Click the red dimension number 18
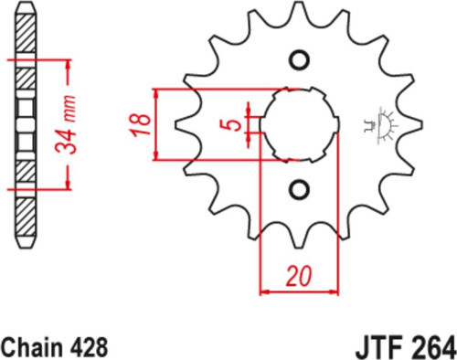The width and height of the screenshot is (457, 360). (140, 124)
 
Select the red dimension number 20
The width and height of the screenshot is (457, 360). (299, 277)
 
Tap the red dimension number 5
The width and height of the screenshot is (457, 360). (234, 125)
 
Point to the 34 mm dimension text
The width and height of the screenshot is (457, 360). (65, 124)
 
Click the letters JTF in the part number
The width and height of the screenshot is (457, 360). (377, 348)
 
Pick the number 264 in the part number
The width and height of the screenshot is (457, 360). (430, 348)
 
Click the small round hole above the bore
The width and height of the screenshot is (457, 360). (300, 60)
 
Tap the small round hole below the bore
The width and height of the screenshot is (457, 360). (299, 190)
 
